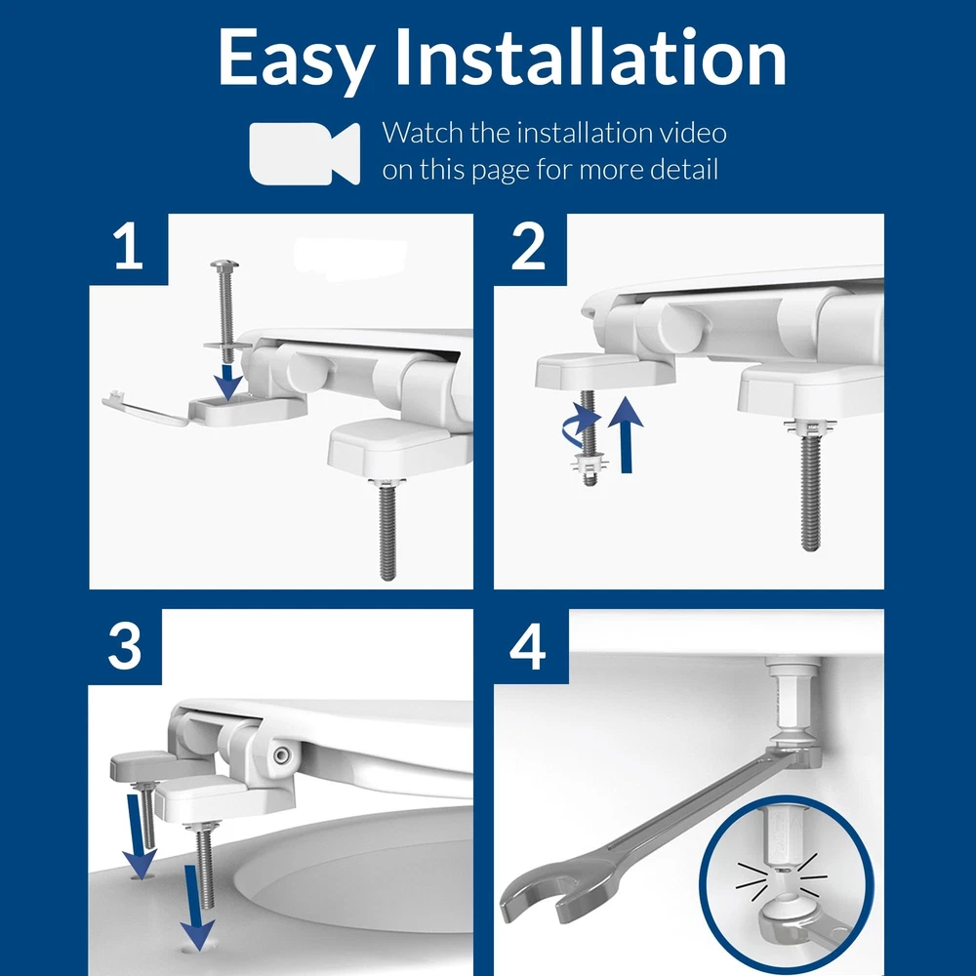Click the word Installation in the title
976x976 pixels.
(590, 56)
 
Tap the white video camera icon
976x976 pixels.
(305, 154)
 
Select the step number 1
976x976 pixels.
(129, 247)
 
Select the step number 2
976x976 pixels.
(528, 247)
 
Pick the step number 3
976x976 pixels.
(125, 646)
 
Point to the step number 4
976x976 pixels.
(527, 647)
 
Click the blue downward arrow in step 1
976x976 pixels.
(228, 382)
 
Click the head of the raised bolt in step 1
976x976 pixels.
(224, 266)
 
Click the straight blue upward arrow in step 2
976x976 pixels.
(625, 434)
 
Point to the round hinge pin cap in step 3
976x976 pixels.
(281, 754)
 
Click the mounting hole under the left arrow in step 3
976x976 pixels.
(142, 877)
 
